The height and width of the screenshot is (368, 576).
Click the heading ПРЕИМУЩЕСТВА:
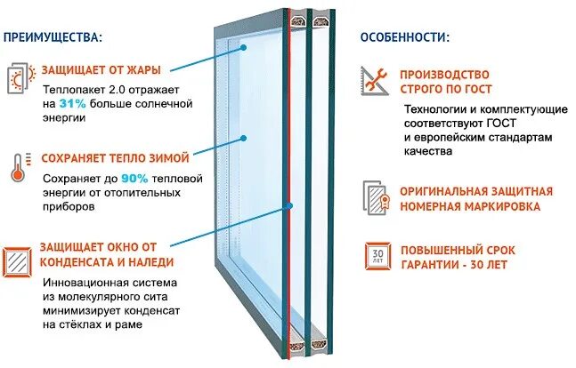[x=53, y=37]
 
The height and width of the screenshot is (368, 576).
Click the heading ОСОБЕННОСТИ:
[x=405, y=37]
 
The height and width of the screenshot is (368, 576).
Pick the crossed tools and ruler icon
[x=375, y=81]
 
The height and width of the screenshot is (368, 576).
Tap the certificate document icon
[x=375, y=198]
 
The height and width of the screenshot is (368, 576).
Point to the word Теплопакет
[x=71, y=88]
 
